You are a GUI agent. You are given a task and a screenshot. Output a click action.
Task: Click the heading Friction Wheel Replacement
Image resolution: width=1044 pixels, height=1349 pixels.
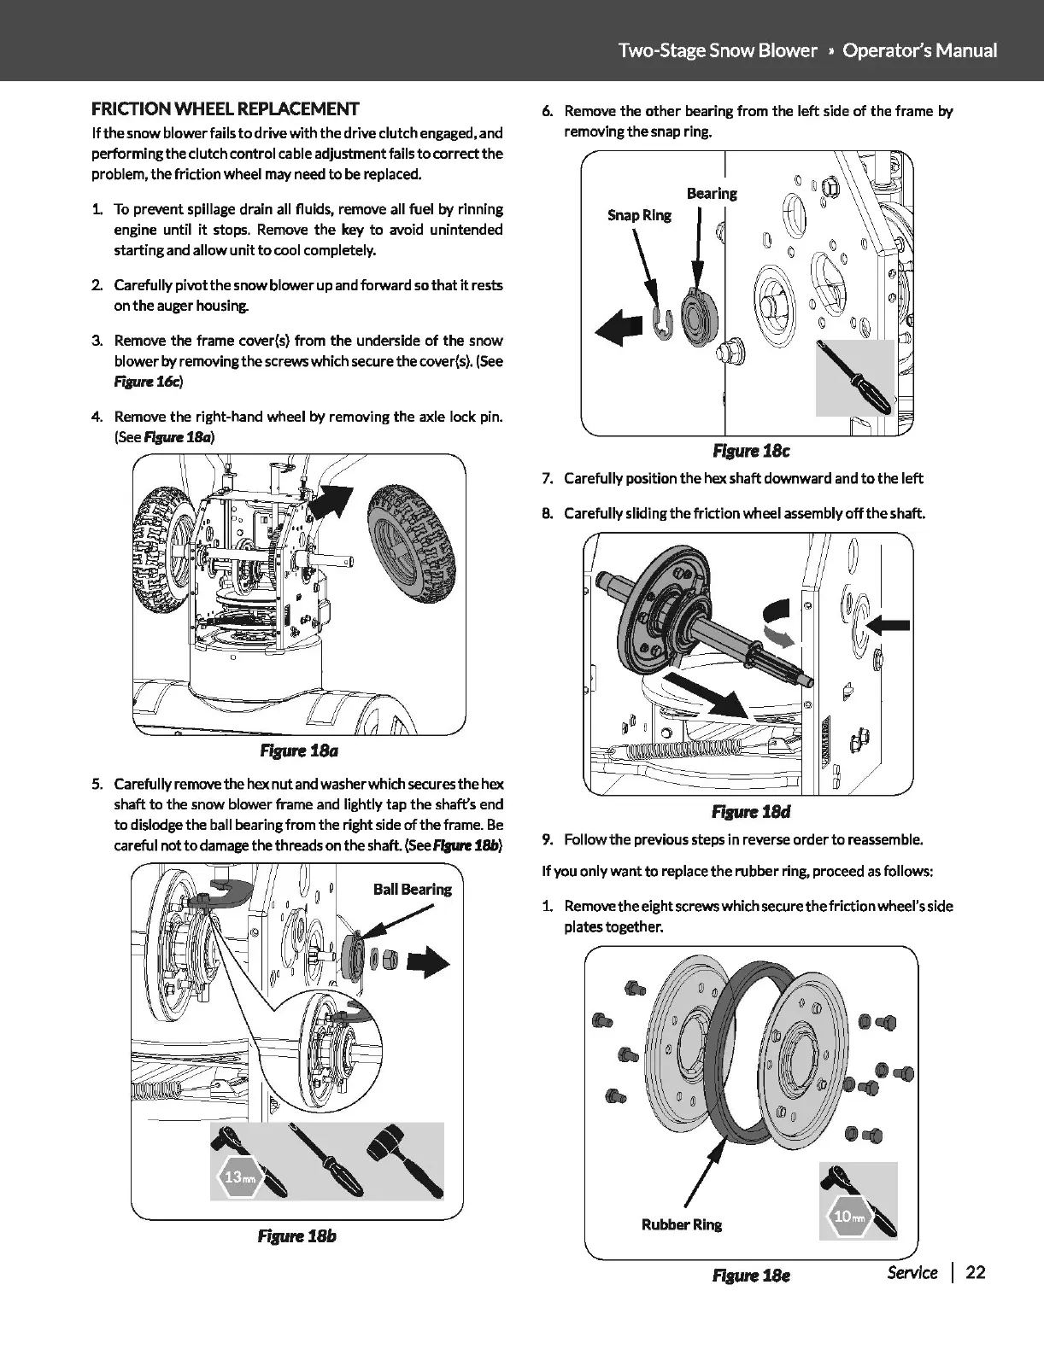point(226,108)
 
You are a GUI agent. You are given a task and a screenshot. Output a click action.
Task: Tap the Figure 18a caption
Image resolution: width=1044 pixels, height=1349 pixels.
point(298,750)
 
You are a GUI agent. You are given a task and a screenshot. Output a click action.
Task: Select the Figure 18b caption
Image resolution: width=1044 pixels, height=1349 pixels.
point(296,1235)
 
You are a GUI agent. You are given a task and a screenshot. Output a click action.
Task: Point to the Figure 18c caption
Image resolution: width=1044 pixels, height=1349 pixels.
point(745,450)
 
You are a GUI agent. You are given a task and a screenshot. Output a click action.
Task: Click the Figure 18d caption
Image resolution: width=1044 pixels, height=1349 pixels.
point(745,811)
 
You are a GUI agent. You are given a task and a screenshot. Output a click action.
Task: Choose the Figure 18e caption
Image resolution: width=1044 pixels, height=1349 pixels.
point(751,1275)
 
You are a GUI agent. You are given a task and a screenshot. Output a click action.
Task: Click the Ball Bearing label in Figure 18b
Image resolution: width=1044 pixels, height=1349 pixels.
point(412,889)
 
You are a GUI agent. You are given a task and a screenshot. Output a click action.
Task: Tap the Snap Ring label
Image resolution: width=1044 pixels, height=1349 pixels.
point(639,214)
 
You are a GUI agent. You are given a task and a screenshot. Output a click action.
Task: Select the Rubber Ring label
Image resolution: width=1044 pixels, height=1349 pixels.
point(681,1224)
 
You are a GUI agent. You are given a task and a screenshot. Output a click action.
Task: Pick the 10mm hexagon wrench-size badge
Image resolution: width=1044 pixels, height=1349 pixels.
point(843,1216)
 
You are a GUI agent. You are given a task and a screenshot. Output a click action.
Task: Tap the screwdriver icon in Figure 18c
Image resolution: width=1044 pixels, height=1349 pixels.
point(854,376)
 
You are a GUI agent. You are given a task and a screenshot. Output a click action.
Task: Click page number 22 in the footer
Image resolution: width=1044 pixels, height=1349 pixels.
point(975,1272)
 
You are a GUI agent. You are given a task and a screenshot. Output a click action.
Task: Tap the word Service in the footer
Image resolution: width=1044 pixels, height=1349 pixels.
point(912,1272)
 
